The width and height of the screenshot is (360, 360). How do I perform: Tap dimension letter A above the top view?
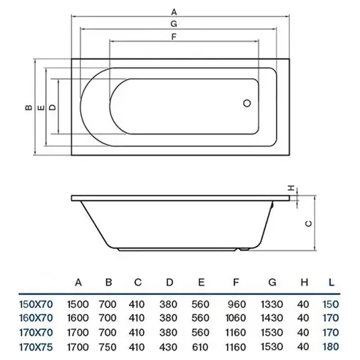(x=174, y=12)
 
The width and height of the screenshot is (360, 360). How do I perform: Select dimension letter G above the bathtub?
(x=174, y=24)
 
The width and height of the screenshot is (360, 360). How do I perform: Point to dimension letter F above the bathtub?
(x=174, y=37)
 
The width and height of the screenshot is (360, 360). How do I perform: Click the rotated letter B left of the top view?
(x=28, y=107)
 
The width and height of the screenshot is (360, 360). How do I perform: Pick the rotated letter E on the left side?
(x=42, y=107)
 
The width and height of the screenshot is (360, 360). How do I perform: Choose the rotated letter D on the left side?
(x=53, y=107)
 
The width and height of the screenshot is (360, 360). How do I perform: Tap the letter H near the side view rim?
(x=291, y=188)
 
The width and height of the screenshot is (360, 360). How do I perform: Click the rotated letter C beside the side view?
(x=308, y=223)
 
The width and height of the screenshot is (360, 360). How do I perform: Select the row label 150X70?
(x=36, y=305)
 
